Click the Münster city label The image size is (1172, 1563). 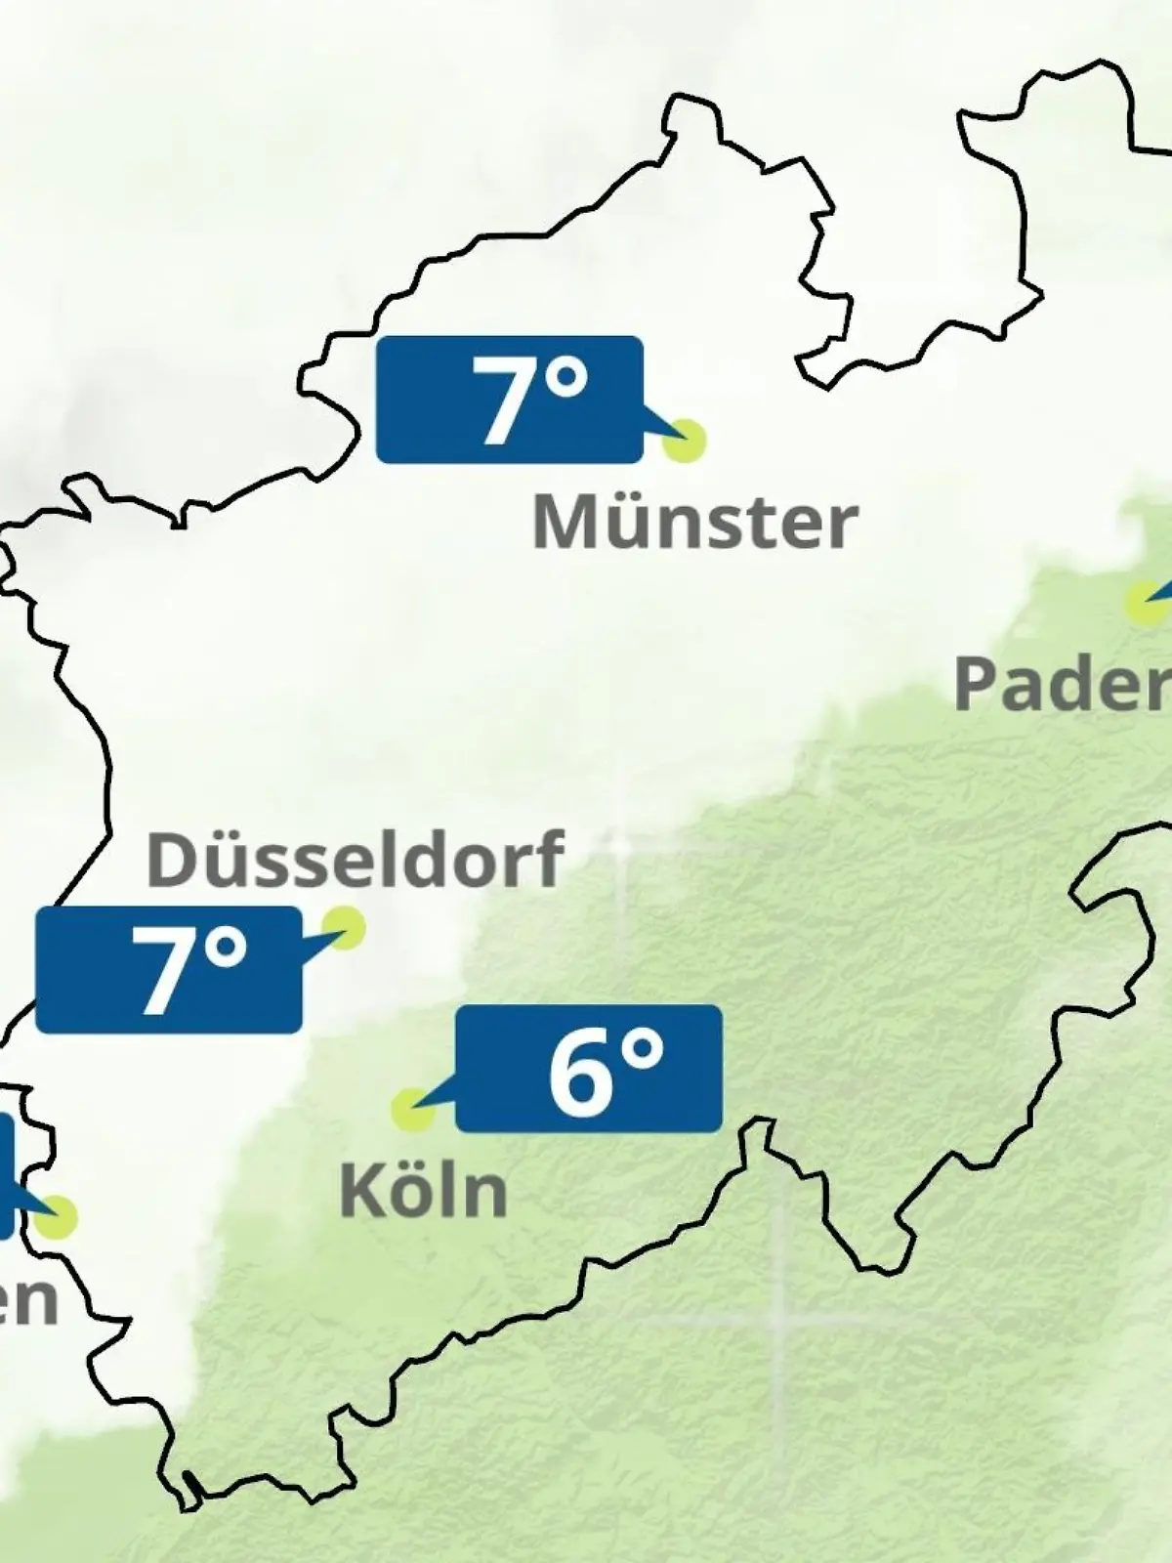pos(694,523)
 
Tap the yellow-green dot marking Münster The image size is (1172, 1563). pos(684,441)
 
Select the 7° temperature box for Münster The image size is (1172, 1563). pos(510,399)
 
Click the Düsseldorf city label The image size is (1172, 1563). pos(355,860)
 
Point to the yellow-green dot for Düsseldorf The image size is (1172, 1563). pos(343,926)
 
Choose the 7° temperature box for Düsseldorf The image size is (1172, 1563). pos(169,970)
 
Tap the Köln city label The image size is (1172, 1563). pos(424,1191)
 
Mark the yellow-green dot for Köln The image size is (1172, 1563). pos(411,1109)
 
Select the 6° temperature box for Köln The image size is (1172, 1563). pos(589,1069)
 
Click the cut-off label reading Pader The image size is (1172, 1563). pos(1062,684)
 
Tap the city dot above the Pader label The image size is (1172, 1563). pos(1143,602)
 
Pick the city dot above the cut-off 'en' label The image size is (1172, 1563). pos(56,1216)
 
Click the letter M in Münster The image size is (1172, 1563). pos(562,523)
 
